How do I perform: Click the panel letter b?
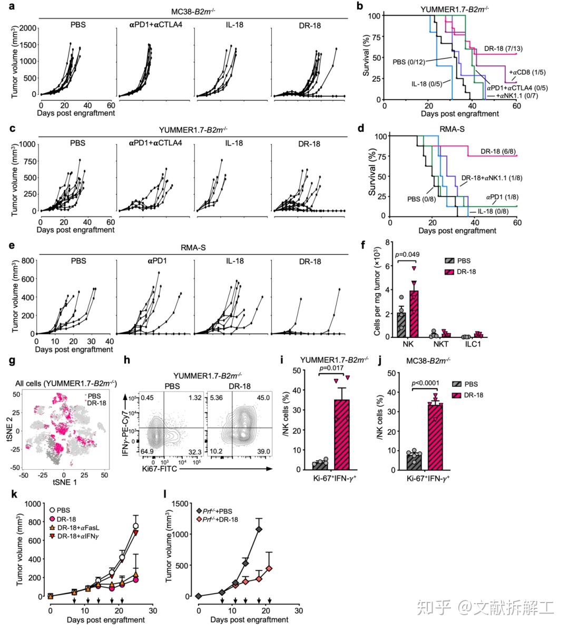(360, 7)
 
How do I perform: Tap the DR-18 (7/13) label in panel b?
(503, 47)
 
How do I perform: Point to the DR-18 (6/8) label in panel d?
(498, 152)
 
